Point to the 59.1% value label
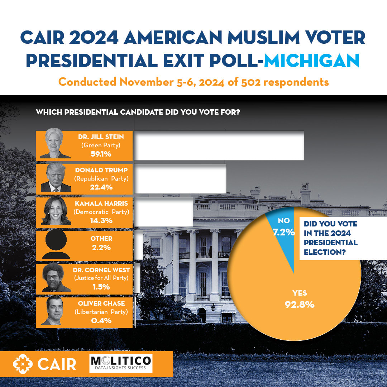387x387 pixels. (101, 154)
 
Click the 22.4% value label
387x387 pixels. (101, 187)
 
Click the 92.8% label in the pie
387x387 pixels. (300, 305)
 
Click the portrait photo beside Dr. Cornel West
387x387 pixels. (56, 278)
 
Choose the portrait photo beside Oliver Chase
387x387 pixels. (56, 311)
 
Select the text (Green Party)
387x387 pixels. (101, 145)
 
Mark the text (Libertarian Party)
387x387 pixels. (101, 312)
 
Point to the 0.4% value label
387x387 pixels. (101, 320)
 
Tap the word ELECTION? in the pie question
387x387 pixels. (325, 252)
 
